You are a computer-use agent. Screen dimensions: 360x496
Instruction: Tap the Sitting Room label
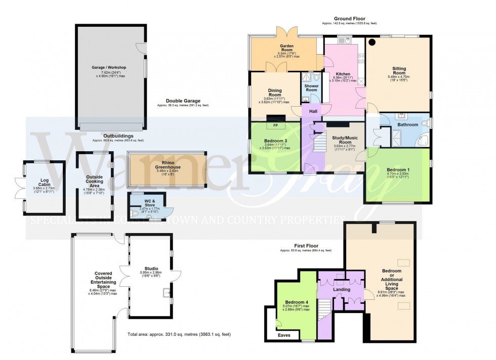point(399,69)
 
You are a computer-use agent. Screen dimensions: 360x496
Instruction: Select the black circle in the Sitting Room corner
point(372,42)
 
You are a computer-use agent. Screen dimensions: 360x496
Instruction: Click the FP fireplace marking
point(276,125)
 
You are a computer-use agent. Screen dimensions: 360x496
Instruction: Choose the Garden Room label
point(287,48)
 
